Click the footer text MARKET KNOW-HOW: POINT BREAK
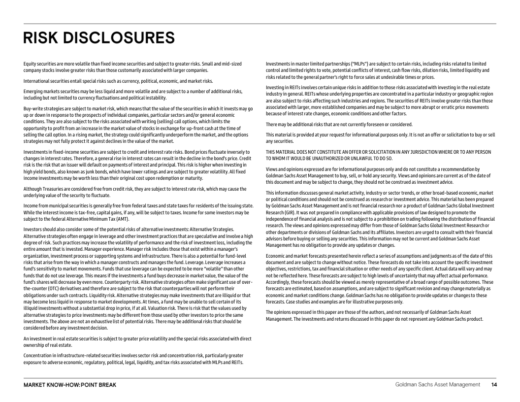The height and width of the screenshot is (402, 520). point(70,384)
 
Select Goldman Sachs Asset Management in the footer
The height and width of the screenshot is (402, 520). point(437,384)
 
